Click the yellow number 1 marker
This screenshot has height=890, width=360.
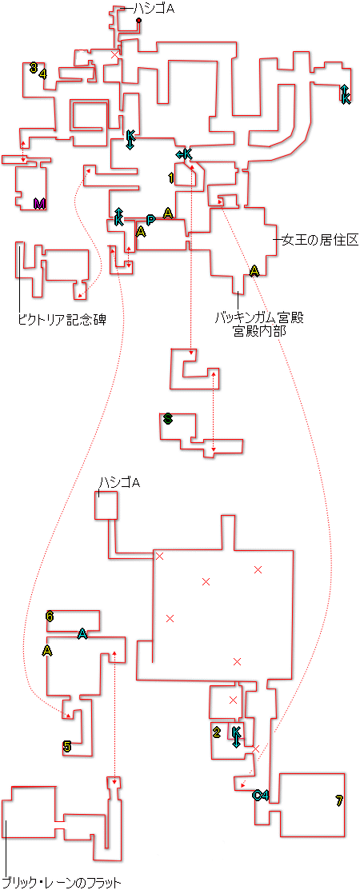pyautogui.click(x=171, y=178)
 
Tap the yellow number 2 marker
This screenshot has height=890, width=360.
pyautogui.click(x=216, y=732)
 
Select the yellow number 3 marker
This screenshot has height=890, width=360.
pyautogui.click(x=34, y=67)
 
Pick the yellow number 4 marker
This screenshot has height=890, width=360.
pyautogui.click(x=43, y=74)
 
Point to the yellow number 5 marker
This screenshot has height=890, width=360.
pyautogui.click(x=67, y=746)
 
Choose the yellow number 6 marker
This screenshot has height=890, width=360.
pyautogui.click(x=50, y=617)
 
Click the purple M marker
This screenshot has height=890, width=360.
pyautogui.click(x=39, y=203)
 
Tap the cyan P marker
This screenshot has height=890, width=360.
pyautogui.click(x=150, y=220)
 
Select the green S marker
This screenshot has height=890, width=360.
pyautogui.click(x=167, y=420)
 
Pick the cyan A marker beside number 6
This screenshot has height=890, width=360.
pyautogui.click(x=83, y=633)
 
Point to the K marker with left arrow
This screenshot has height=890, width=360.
pyautogui.click(x=184, y=154)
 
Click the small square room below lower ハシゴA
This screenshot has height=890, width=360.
pyautogui.click(x=106, y=505)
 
